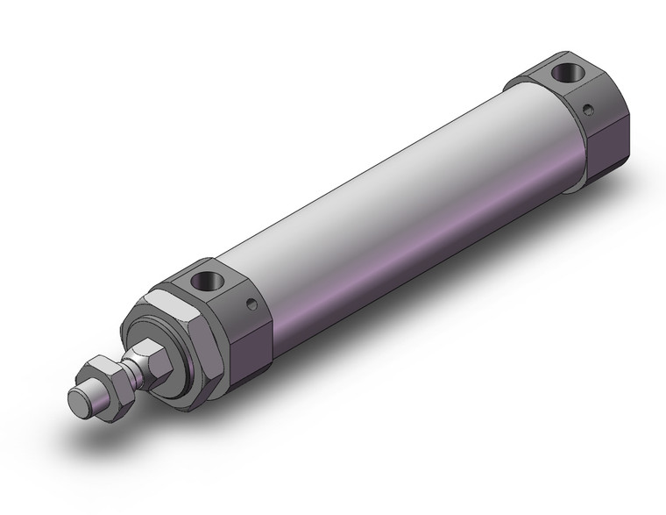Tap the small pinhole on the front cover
pos(254,305)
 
